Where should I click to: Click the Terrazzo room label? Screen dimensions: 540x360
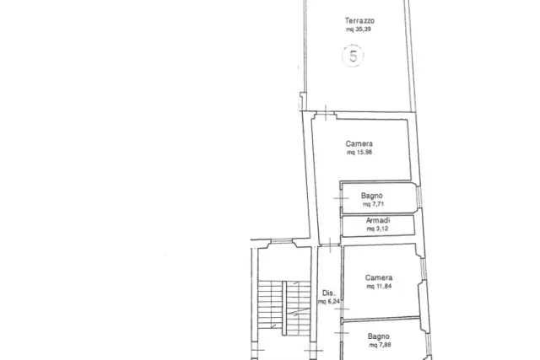click(359, 20)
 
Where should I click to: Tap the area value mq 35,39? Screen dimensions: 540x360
click(359, 30)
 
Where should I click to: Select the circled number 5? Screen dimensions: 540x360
click(353, 56)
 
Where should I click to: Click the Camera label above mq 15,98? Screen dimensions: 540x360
click(359, 143)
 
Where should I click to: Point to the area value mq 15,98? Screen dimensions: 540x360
click(359, 152)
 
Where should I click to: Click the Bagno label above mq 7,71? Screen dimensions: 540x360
click(372, 196)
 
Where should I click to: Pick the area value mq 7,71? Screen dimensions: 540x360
click(373, 204)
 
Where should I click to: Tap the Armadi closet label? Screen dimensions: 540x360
click(378, 220)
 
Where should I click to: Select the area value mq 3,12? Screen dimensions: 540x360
click(377, 228)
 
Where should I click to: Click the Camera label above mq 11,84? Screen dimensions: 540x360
click(379, 277)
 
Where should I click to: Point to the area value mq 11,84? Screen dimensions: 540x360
click(379, 286)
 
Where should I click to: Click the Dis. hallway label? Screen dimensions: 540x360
click(328, 293)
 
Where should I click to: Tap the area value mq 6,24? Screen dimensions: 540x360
click(329, 302)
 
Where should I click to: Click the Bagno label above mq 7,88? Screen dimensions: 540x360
click(379, 336)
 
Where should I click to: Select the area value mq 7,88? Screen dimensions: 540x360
click(380, 345)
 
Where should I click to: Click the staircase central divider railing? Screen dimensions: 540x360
click(284, 308)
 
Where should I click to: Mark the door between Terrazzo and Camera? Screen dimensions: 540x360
click(326, 113)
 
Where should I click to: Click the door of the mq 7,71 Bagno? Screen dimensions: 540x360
click(341, 198)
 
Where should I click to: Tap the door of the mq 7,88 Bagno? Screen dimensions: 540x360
click(341, 333)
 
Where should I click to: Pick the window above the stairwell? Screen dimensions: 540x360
click(281, 242)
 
